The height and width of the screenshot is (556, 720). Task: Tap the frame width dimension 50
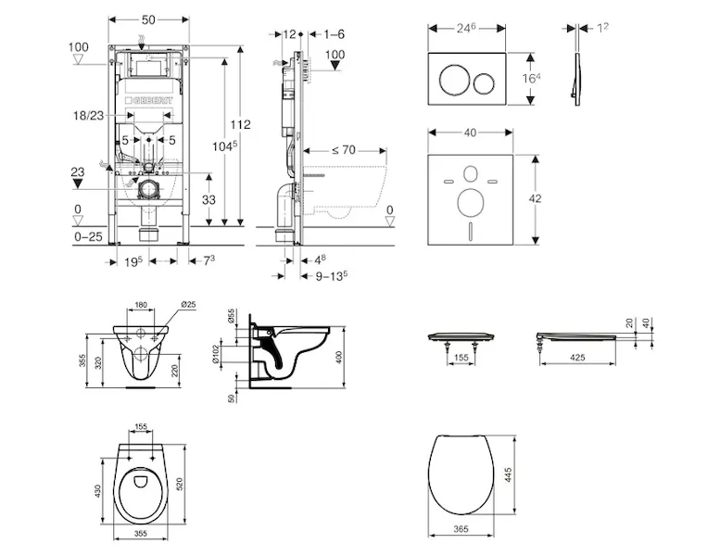pyautogui.click(x=147, y=19)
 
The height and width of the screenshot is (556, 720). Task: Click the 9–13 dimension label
pyautogui.click(x=330, y=275)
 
